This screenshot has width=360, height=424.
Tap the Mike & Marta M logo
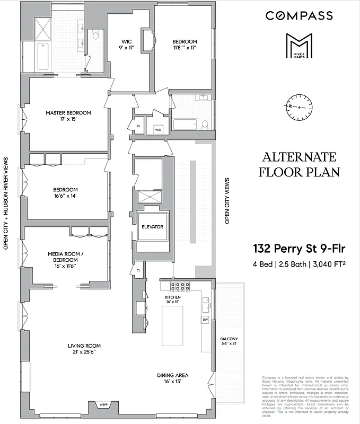click(x=299, y=46)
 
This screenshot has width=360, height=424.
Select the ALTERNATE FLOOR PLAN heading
click(x=300, y=164)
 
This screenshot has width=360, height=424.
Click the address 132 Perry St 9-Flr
click(x=300, y=249)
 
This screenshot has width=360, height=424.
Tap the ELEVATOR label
click(x=152, y=227)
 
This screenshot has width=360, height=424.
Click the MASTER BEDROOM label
click(x=68, y=116)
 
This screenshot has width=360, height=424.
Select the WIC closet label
click(x=126, y=45)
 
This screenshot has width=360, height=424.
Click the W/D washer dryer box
click(x=157, y=129)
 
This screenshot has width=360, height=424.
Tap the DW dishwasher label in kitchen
click(x=205, y=320)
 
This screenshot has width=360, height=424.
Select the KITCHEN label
click(x=172, y=300)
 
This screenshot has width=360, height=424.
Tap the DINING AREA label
click(x=172, y=378)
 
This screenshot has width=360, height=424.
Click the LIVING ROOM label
click(x=84, y=349)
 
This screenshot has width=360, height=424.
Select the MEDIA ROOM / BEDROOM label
click(x=63, y=260)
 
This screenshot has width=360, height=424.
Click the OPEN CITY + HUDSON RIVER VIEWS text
click(x=6, y=202)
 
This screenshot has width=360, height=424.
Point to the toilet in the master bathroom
click(x=95, y=36)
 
